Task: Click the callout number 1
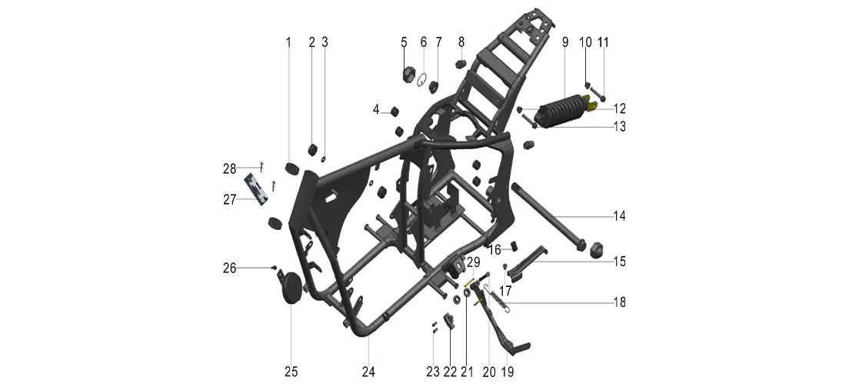[288, 42]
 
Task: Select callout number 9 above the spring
[565, 42]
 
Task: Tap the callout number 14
[619, 215]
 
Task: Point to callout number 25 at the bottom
[291, 372]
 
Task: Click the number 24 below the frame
[368, 372]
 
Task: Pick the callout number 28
[230, 168]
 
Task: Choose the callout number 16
[495, 249]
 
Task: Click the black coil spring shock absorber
[558, 111]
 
